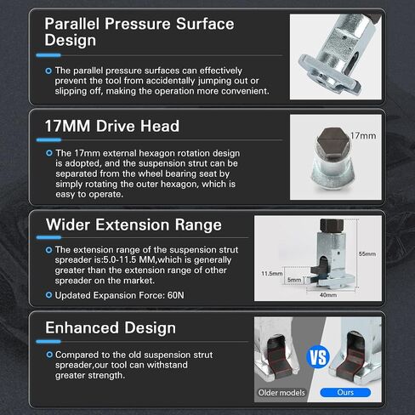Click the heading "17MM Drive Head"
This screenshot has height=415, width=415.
pos(112,126)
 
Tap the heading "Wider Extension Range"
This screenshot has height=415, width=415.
pos(134,225)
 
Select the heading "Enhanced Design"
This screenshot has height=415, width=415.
pos(111,328)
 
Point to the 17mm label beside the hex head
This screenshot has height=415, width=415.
pos(363,136)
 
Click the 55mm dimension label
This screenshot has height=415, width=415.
pos(367,253)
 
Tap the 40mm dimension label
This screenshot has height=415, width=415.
pos(328,295)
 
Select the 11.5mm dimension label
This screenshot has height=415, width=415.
pos(272,274)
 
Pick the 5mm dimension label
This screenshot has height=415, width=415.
pos(294,280)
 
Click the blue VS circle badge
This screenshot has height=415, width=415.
pos(318,357)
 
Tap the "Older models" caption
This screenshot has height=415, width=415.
pos(281,393)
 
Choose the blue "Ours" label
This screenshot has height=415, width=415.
pos(345,392)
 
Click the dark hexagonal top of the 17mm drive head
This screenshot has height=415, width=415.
pos(333,141)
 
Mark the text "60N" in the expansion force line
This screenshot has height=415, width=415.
pos(176,295)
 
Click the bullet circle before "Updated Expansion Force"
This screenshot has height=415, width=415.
pos(48,295)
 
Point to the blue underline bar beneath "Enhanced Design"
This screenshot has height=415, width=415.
pos(48,341)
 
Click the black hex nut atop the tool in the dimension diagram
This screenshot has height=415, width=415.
pos(332,225)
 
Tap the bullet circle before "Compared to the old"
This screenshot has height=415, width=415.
pos(49,355)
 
